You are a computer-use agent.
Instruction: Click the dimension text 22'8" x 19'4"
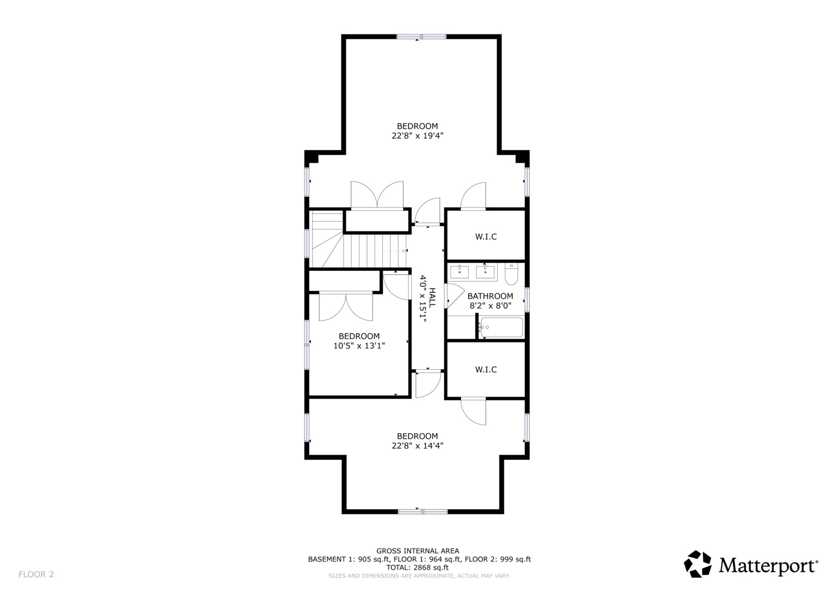[417, 136]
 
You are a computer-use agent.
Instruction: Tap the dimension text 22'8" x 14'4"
[417, 446]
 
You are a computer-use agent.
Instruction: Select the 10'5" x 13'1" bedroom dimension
[359, 346]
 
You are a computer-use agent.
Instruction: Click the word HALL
[432, 297]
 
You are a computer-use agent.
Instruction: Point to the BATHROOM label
[490, 296]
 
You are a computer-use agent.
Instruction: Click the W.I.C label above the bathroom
[486, 237]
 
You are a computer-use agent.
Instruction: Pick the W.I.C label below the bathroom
[486, 370]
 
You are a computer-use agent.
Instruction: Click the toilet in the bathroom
[511, 274]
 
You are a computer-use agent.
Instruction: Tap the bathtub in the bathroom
[501, 328]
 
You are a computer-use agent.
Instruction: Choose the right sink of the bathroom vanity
[485, 272]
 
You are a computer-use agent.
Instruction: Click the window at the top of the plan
[421, 37]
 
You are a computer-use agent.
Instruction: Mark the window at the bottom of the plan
[422, 511]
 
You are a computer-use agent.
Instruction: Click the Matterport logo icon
[698, 564]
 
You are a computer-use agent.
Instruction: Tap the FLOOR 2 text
[36, 574]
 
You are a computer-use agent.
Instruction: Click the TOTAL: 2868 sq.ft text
[417, 568]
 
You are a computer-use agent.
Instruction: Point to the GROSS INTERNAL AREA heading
[417, 551]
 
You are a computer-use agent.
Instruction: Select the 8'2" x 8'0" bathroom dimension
[490, 306]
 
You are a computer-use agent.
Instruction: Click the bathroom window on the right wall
[527, 300]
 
